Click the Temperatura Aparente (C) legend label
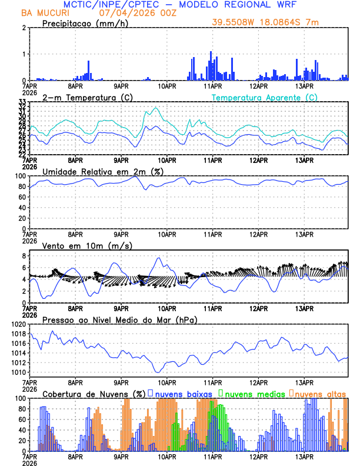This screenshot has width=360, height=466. (264, 97)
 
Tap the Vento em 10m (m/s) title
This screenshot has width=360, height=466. (87, 245)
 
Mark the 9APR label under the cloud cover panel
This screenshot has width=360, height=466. (121, 457)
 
